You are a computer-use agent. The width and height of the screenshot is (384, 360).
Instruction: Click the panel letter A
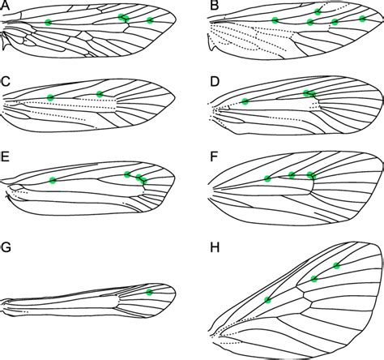(5, 5)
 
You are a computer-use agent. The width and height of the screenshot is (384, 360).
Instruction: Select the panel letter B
(215, 5)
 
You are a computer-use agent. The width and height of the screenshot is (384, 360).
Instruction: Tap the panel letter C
(5, 82)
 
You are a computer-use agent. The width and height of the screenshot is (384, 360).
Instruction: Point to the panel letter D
(215, 82)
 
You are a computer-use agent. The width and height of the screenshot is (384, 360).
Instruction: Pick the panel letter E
(5, 157)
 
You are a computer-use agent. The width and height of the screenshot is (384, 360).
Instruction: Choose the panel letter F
(214, 157)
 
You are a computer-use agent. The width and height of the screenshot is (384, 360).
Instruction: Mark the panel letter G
(6, 248)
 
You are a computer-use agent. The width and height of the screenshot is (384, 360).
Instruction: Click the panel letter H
(215, 248)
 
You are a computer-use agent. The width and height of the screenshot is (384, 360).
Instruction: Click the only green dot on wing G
(149, 292)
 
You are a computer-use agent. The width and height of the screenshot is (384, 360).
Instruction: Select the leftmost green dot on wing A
(48, 23)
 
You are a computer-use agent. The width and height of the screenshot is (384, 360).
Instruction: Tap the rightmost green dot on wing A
(150, 20)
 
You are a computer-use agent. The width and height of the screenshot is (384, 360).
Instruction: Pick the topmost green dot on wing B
(318, 11)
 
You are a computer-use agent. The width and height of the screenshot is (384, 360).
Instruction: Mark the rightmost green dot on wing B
(362, 19)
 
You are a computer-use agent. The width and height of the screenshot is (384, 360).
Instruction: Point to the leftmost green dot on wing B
(275, 20)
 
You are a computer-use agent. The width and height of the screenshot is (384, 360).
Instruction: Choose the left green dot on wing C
(50, 97)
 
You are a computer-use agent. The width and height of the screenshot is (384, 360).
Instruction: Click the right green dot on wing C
(100, 94)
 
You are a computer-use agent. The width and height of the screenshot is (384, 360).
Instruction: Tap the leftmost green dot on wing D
(245, 101)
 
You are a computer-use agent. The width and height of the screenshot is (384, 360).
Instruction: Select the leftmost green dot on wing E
(53, 180)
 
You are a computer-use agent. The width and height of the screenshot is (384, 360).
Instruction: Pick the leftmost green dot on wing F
(267, 178)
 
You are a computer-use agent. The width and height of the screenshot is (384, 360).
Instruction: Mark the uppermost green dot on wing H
(336, 266)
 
